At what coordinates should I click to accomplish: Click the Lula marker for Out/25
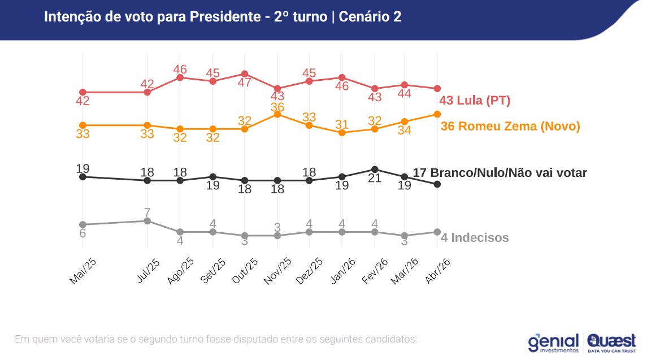pos(245,74)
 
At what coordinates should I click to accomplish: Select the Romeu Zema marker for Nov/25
pos(277,114)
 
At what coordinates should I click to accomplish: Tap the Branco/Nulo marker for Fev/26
pos(374,169)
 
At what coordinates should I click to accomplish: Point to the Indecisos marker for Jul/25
pos(147,221)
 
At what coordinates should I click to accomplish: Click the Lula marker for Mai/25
pos(82,92)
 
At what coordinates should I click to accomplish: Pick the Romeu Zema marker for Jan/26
pos(342,132)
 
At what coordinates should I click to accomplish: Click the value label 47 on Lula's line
pos(244,83)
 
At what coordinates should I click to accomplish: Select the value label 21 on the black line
pos(375,179)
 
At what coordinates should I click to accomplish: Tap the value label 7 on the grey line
pos(147,212)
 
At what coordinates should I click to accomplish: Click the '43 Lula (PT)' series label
pos(475,101)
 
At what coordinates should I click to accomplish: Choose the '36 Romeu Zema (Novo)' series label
pos(510,126)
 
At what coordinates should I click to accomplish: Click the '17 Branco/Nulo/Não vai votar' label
pos(500,173)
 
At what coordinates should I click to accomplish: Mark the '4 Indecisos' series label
pos(475,238)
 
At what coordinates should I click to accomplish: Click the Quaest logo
pos(611,341)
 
